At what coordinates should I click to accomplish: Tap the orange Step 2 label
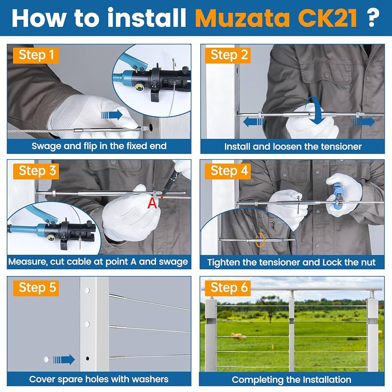(x=229, y=55)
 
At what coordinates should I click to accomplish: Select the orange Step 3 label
(x=38, y=171)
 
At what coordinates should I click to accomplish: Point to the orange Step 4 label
(x=230, y=171)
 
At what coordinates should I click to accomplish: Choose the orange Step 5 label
(x=38, y=288)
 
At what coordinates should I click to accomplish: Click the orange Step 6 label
(x=229, y=288)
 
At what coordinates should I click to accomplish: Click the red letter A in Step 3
(x=152, y=203)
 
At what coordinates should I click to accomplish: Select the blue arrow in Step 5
(x=64, y=360)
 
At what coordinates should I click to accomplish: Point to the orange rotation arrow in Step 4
(x=260, y=240)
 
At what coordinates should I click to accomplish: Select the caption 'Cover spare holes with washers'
(x=99, y=379)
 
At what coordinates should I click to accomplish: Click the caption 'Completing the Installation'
(x=292, y=379)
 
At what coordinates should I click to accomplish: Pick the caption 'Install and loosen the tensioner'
(x=293, y=146)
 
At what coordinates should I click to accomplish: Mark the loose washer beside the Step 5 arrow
(x=46, y=360)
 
